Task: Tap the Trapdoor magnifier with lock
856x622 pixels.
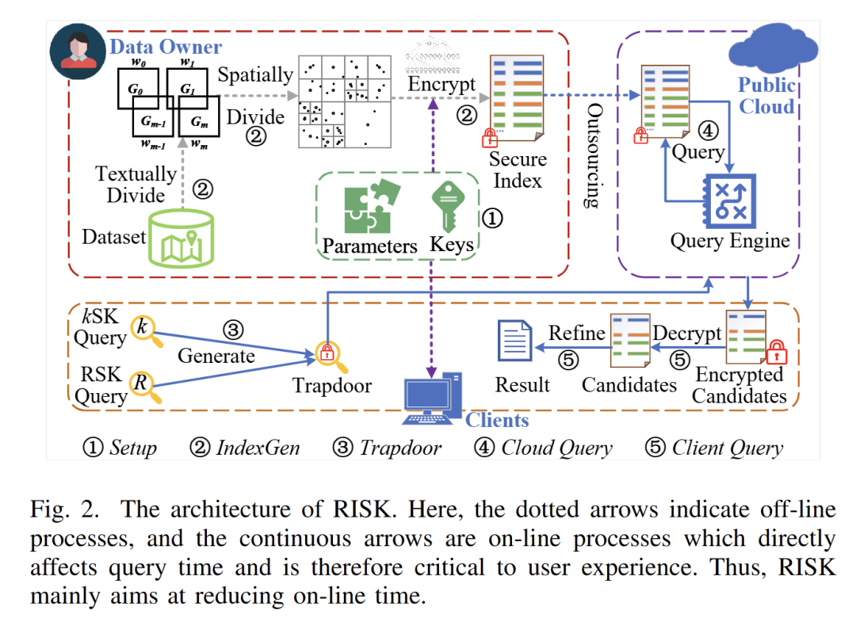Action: click(329, 356)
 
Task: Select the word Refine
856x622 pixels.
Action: click(577, 333)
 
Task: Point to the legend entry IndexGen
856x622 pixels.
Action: click(246, 448)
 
